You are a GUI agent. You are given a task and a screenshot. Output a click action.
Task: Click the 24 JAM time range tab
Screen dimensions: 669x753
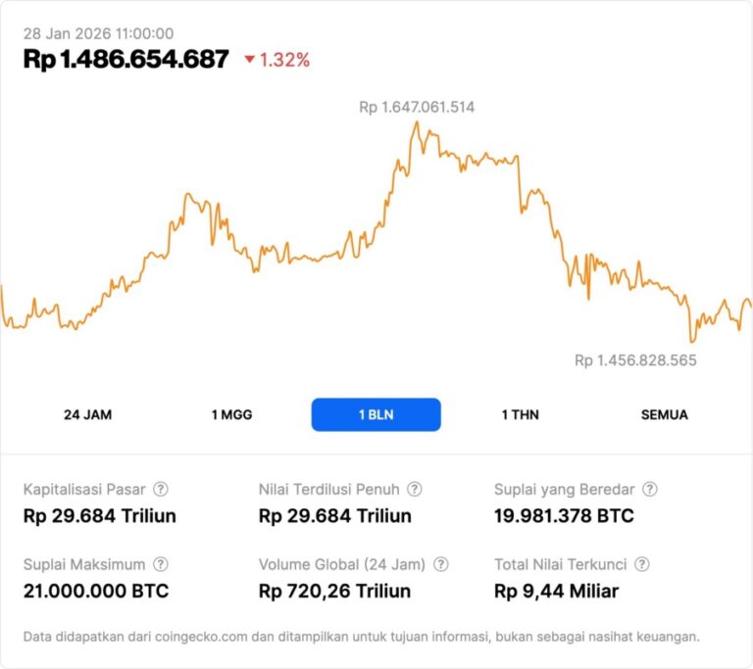point(88,414)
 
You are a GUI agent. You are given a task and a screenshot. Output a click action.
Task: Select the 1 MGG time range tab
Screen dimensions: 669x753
point(231,414)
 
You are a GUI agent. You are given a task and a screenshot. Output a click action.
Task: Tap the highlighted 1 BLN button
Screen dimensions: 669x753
point(376,414)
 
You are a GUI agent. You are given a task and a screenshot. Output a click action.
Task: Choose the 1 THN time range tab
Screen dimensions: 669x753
point(520,414)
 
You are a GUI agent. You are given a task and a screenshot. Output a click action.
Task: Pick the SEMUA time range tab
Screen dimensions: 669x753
point(664,414)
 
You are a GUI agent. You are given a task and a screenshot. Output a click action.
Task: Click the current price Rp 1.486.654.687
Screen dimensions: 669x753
point(125,60)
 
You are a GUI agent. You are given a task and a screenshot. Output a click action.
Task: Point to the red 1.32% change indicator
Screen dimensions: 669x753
point(277,60)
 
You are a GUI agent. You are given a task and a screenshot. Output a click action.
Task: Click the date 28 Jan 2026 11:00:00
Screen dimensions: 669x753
point(98,33)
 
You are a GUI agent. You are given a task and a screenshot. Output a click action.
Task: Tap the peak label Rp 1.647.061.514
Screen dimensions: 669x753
point(417,107)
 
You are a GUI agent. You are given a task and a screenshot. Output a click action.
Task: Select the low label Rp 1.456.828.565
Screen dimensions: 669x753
point(635,360)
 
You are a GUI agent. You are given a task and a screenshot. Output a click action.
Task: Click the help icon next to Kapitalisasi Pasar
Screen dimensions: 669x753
point(161,489)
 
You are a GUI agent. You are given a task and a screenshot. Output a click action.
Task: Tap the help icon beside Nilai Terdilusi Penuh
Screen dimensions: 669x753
point(415,489)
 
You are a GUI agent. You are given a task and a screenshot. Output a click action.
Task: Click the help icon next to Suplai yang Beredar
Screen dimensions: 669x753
point(649,489)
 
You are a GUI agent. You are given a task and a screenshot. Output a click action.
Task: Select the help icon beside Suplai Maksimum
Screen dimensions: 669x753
point(161,564)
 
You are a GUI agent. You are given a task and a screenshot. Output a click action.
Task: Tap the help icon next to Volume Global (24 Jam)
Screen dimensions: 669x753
point(441,564)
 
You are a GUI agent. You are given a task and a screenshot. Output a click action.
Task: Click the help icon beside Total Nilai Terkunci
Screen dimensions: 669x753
point(642,564)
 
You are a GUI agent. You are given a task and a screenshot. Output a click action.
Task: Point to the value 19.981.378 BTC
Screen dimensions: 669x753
point(564,516)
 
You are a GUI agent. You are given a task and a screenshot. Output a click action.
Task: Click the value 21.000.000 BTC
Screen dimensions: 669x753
point(95,592)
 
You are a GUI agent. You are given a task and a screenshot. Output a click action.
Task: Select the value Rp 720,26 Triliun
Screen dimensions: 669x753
point(334,592)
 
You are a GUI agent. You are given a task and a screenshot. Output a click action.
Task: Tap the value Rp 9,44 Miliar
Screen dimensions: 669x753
point(556,592)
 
